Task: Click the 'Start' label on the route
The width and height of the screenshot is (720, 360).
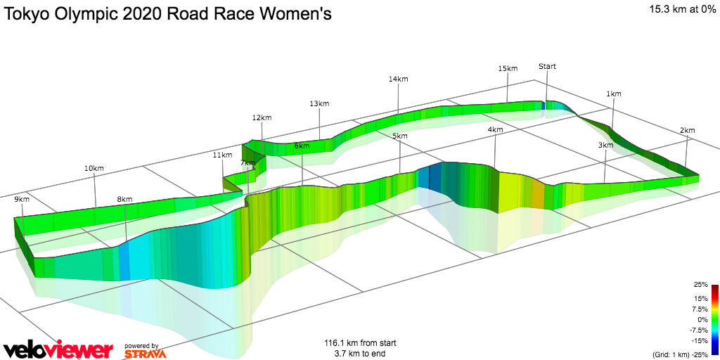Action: point(547,66)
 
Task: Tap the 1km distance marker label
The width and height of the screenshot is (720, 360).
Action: point(614,94)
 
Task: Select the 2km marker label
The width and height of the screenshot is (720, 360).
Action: point(687,130)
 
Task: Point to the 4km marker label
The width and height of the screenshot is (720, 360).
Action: point(495,130)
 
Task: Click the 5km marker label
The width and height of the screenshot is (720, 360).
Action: point(400,136)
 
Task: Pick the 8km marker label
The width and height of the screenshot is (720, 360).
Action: point(124,199)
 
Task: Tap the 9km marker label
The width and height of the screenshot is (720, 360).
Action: point(22,199)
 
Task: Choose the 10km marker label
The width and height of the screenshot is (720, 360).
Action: point(94,168)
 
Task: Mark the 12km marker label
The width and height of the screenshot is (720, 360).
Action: point(262,117)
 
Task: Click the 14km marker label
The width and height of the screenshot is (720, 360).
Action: point(398,79)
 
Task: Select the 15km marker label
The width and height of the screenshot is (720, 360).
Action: point(508,68)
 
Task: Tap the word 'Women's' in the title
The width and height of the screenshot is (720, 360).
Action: point(293,14)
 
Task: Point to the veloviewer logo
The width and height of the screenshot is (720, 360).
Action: point(58,349)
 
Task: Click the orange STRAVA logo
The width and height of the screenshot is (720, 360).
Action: point(145,354)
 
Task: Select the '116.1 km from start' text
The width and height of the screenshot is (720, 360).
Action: point(360,343)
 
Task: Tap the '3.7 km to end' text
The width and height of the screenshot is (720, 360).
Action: point(360,354)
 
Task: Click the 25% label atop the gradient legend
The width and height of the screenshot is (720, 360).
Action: point(700,285)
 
